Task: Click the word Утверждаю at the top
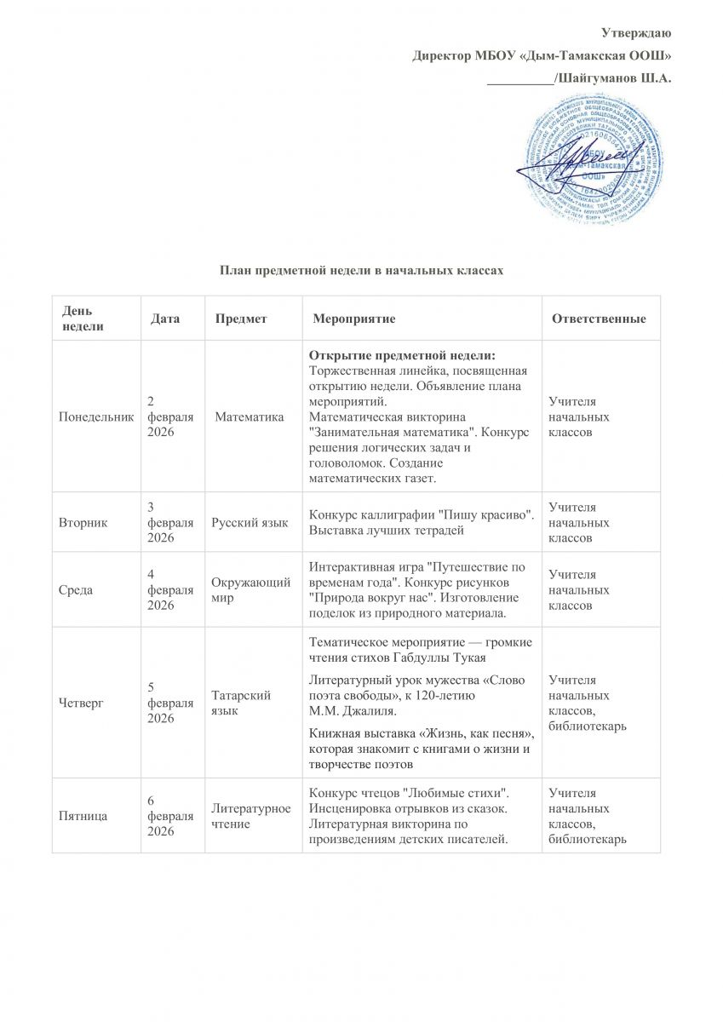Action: pos(637,33)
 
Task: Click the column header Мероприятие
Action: pos(353,319)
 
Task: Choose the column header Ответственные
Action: pos(599,319)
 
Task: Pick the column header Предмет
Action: pos(241,319)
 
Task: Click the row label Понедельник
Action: pos(95,417)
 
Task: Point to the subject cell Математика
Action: pos(250,417)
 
